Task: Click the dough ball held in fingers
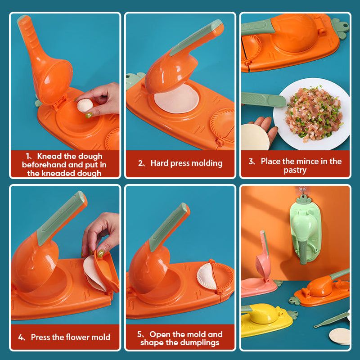click(x=84, y=105)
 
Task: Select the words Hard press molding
click(x=186, y=163)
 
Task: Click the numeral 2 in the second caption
click(x=140, y=163)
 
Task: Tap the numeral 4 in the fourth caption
click(x=21, y=337)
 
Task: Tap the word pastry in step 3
click(x=295, y=170)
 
